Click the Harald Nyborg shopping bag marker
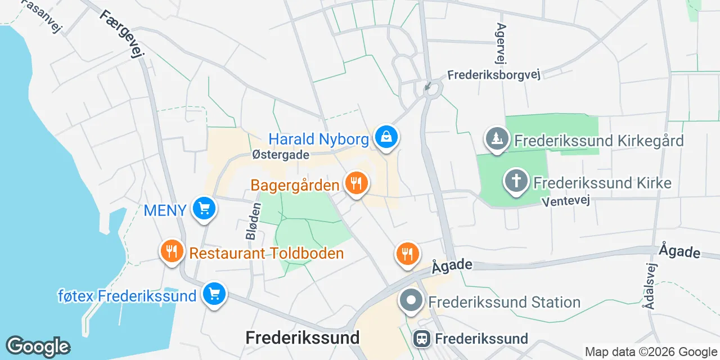point(386,137)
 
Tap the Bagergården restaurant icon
point(355,183)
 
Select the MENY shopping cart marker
point(204,209)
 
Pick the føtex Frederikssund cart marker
point(214,294)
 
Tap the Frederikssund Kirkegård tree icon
point(497,138)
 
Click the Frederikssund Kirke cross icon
point(516,181)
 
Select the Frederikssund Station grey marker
point(411,300)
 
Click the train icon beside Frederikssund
point(422,339)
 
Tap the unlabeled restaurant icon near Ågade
point(407,254)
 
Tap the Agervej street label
point(501,44)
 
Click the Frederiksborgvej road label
point(494,75)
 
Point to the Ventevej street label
point(566,201)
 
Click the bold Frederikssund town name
point(303,337)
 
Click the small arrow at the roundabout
point(428,87)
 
